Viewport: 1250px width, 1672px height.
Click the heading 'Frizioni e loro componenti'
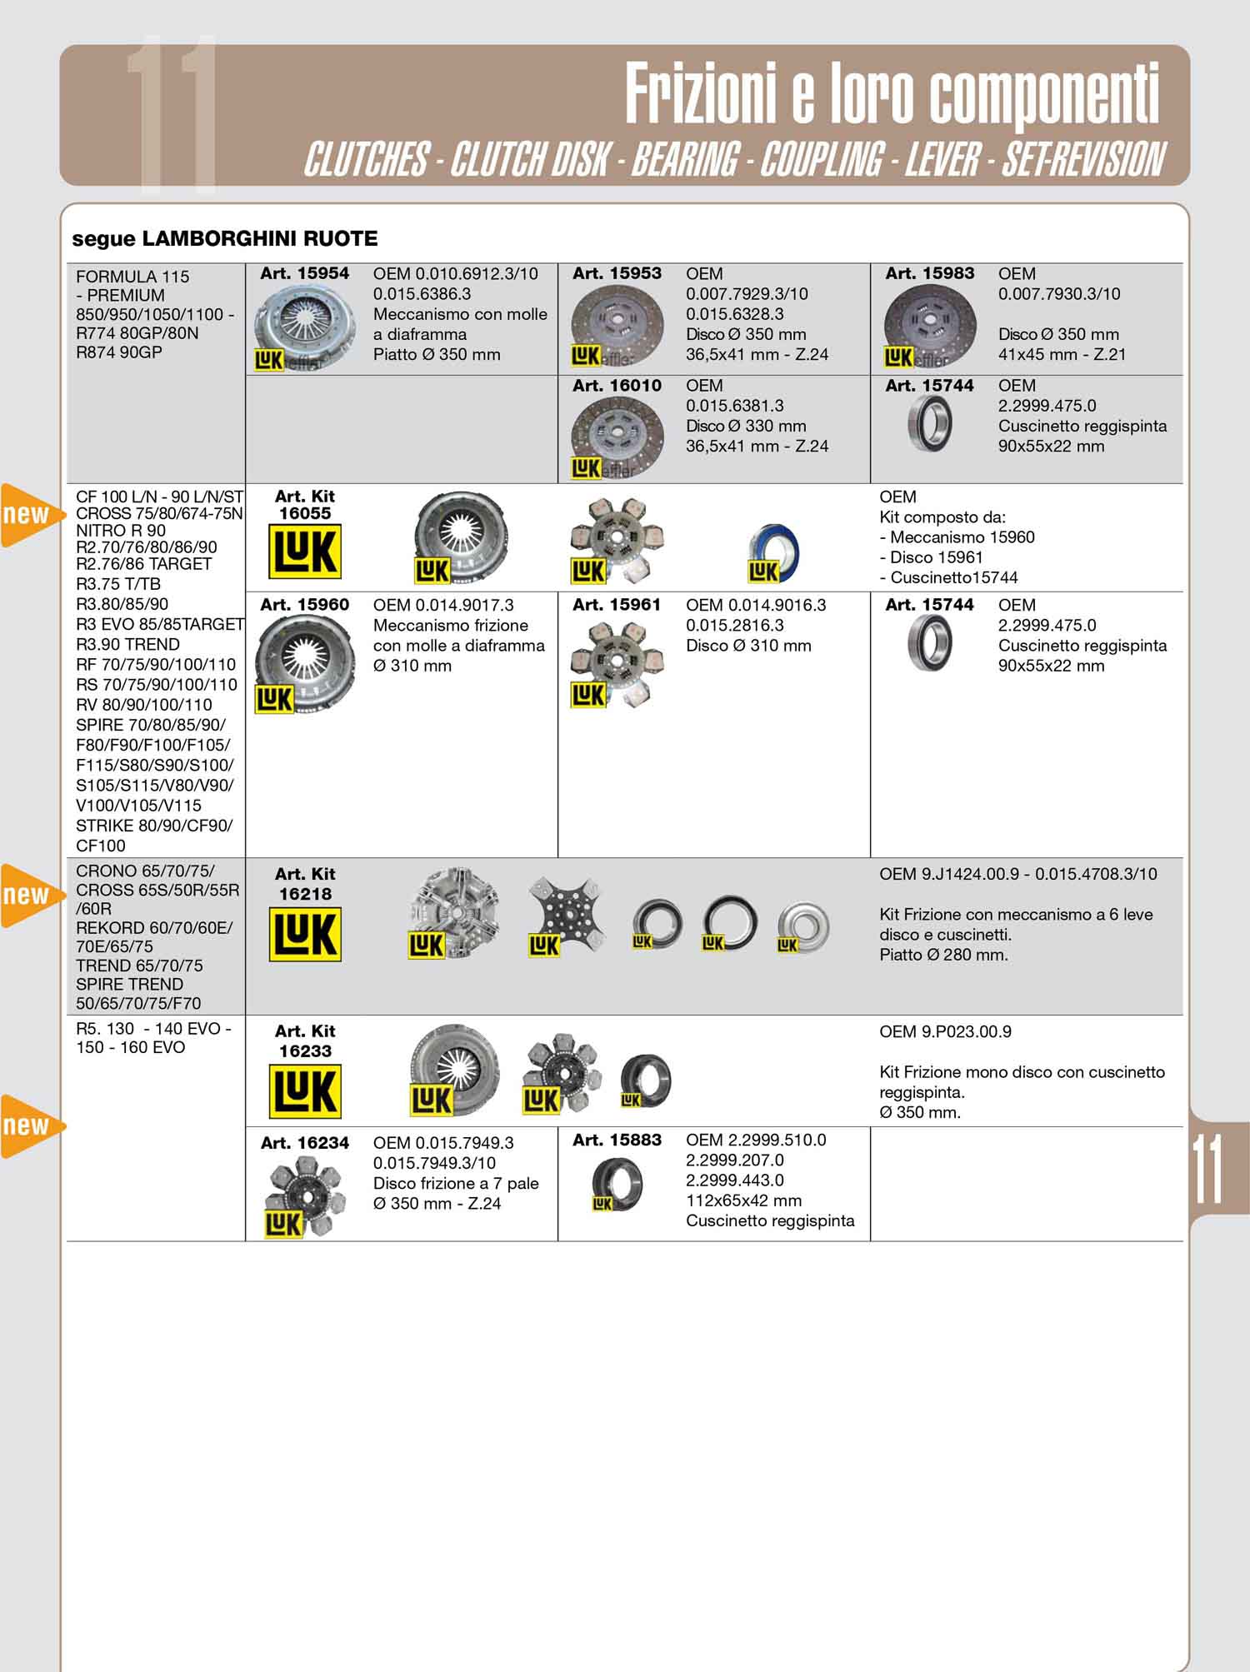[x=892, y=93]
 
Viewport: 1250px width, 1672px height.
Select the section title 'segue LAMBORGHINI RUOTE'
[x=225, y=239]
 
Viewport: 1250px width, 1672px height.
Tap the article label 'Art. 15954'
[x=304, y=273]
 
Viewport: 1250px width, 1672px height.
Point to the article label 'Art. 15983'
[x=929, y=273]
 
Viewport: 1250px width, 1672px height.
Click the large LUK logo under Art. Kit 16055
[x=305, y=552]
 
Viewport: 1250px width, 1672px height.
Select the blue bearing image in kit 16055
[x=773, y=554]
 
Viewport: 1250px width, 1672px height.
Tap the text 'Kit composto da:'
[x=942, y=517]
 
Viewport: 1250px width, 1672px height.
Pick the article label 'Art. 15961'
[x=617, y=605]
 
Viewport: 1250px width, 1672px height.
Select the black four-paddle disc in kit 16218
[x=567, y=915]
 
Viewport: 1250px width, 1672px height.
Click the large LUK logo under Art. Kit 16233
[x=305, y=1091]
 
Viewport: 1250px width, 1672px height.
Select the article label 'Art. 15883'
[x=617, y=1140]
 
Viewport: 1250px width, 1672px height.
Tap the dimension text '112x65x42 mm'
[x=744, y=1200]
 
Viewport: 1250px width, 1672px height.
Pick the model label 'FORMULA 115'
[x=132, y=277]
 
